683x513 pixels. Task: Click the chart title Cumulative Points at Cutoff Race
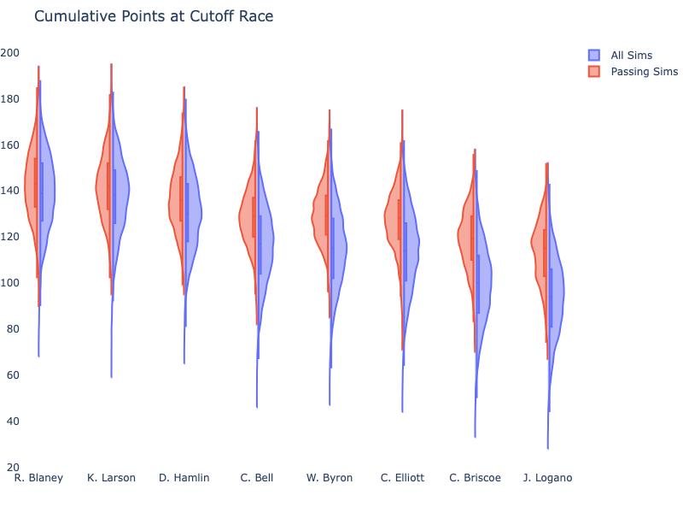point(154,16)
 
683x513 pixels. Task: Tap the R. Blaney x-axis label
point(38,478)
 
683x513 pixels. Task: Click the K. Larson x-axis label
point(111,478)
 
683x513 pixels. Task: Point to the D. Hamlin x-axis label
point(184,478)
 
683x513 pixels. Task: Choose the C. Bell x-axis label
point(257,478)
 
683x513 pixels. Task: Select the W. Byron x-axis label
point(330,478)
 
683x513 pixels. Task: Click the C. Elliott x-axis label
point(402,478)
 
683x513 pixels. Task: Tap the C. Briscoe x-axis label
point(476,478)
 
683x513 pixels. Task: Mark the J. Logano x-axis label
point(547,478)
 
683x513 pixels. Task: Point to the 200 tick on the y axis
point(10,53)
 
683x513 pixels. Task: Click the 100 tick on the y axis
point(10,283)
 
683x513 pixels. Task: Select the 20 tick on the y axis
point(13,468)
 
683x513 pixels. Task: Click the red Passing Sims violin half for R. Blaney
point(32,188)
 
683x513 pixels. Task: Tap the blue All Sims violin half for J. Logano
point(556,291)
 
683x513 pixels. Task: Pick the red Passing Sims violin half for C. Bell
point(248,218)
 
